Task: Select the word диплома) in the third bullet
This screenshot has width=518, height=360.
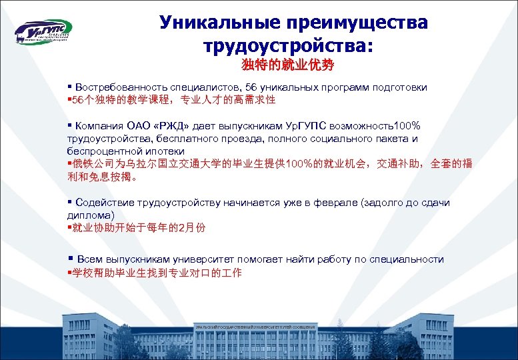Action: (x=91, y=215)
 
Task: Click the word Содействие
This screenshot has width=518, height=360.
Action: (x=106, y=202)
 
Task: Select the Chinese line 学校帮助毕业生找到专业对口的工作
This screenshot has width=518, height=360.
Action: (x=156, y=273)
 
